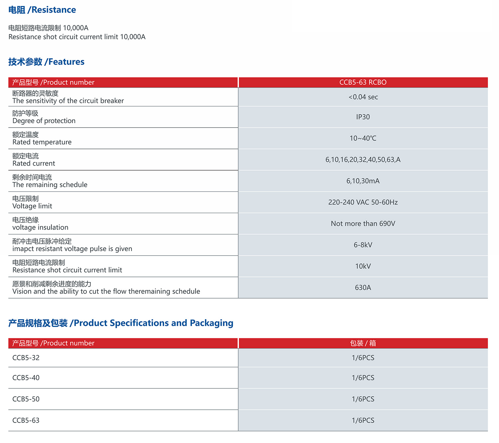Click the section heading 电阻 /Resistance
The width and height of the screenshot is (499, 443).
click(42, 10)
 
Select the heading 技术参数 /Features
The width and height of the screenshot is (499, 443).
click(46, 62)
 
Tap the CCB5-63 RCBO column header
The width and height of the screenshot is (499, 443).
click(363, 83)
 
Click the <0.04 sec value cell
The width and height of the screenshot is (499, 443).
click(363, 97)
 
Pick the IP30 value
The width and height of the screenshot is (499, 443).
click(363, 117)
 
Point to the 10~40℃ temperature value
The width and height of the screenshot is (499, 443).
click(363, 138)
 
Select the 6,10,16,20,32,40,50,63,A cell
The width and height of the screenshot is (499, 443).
click(363, 160)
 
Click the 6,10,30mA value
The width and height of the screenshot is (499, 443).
click(363, 181)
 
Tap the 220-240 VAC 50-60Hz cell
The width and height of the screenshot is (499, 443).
click(363, 202)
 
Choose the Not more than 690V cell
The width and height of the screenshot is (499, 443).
click(363, 224)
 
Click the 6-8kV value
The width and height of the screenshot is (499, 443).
click(363, 245)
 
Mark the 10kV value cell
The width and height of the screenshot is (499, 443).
click(363, 266)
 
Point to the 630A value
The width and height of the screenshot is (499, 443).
click(363, 288)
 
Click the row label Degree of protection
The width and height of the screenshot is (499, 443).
click(44, 121)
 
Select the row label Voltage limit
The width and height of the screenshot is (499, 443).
click(32, 206)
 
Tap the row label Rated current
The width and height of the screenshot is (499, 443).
click(34, 163)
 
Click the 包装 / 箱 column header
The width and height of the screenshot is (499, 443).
click(363, 343)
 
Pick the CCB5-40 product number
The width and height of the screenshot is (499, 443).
click(26, 378)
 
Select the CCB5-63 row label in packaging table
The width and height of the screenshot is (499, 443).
click(26, 420)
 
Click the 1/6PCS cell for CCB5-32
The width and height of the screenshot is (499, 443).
click(363, 358)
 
